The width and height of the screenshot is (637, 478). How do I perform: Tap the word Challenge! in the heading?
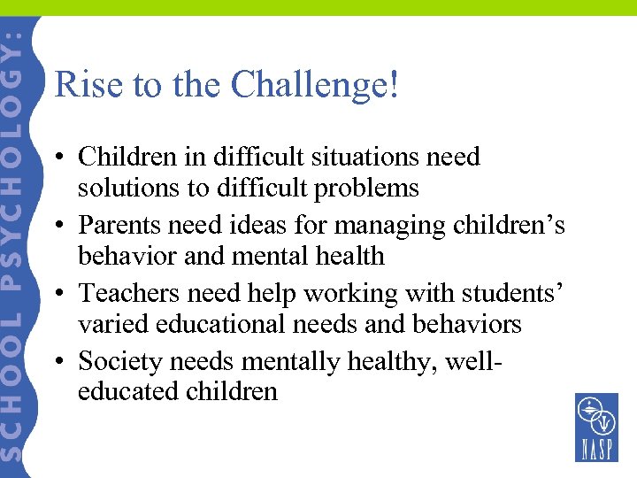(315, 86)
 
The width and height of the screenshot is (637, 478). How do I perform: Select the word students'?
(503, 293)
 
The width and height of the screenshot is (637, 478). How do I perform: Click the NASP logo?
(596, 428)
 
